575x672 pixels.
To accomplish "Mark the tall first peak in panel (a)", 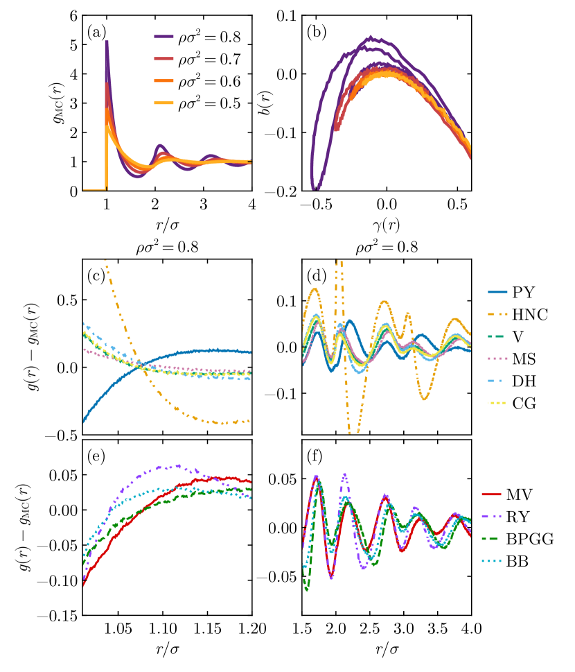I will [x=107, y=43].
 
